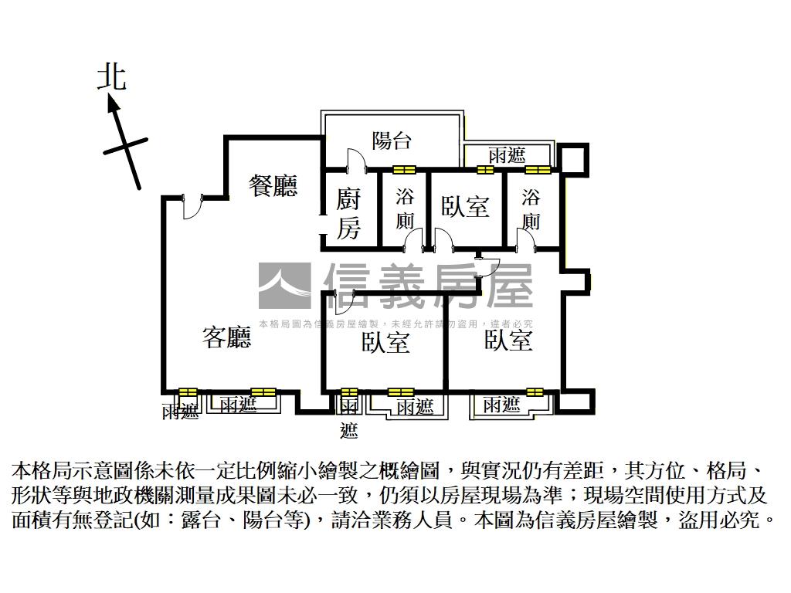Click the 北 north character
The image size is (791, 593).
click(112, 77)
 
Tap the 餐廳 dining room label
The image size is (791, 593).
click(273, 186)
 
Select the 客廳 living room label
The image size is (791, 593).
click(227, 337)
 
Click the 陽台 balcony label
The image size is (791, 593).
click(392, 141)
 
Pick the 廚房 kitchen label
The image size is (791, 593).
click(348, 214)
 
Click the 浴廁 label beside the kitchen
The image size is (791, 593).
click(405, 208)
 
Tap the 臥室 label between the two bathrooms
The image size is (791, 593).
click(466, 206)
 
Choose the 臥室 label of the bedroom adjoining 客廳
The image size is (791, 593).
click(385, 343)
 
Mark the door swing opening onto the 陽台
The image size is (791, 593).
click(355, 161)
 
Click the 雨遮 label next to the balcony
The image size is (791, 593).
click(507, 155)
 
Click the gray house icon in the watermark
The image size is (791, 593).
click(284, 286)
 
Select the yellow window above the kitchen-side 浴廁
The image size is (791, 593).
click(404, 170)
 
